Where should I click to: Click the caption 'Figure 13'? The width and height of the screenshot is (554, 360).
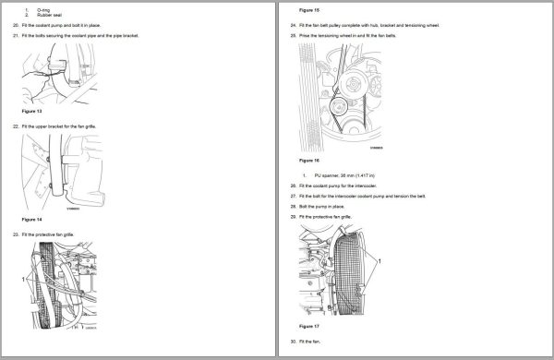[33, 110]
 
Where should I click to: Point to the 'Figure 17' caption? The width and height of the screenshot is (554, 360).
[311, 327]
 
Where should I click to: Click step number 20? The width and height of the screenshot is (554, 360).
[16, 24]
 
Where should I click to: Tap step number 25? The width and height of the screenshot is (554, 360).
[292, 35]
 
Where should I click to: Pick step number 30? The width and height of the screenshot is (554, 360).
[292, 342]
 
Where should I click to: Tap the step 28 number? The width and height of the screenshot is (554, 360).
[292, 206]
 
